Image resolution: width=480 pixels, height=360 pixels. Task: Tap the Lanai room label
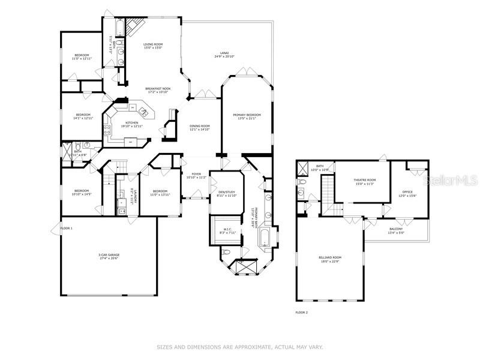pyautogui.click(x=224, y=55)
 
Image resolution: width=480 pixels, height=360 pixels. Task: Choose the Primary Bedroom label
pyautogui.click(x=247, y=116)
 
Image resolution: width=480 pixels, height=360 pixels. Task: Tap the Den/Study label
pyautogui.click(x=226, y=193)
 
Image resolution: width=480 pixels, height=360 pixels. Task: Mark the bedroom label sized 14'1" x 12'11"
pyautogui.click(x=83, y=116)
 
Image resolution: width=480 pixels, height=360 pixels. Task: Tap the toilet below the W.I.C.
pyautogui.click(x=224, y=253)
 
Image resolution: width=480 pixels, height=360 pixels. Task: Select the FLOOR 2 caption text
pyautogui.click(x=301, y=313)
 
